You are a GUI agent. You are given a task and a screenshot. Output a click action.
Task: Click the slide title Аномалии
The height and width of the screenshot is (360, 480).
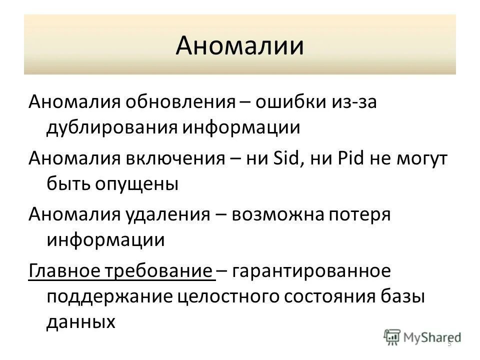(x=239, y=45)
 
